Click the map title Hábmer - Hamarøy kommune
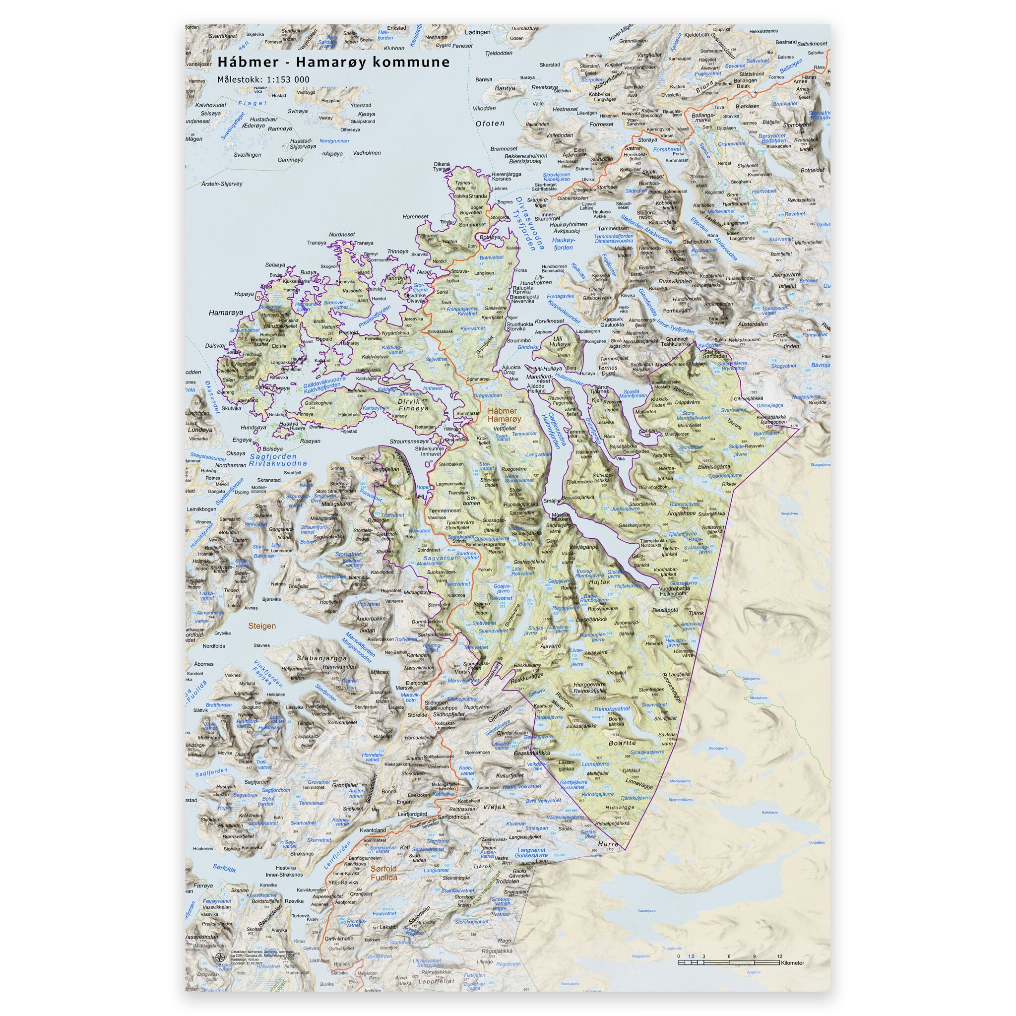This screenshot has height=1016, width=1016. pos(333,62)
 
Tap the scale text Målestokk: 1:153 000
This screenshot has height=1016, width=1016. pos(263,80)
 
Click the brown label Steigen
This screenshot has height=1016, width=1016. pos(261,626)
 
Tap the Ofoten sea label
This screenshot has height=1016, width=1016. pos(490,124)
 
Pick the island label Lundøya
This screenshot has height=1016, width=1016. pos(200,430)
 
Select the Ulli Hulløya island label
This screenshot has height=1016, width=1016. pos(559,341)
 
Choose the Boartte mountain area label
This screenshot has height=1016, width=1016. pos(622,743)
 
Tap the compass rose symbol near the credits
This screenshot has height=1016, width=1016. pos(219,957)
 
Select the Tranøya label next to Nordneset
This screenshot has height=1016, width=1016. pos(317,243)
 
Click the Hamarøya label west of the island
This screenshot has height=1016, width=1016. pos(226,313)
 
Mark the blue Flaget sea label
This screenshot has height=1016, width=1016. pos(253,103)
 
